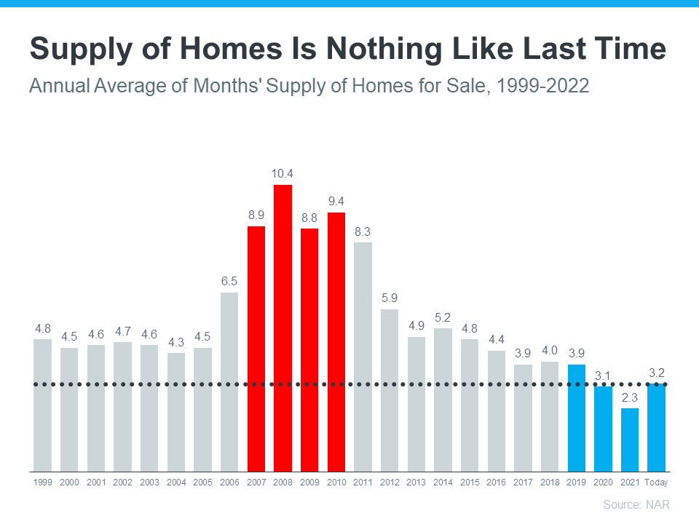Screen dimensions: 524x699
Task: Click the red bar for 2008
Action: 283,327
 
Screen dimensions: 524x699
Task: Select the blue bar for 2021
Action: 630,440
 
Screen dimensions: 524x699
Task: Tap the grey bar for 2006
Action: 229,382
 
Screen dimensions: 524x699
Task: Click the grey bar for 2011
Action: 363,357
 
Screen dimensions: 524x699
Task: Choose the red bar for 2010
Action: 336,342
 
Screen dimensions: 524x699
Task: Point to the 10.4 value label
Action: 283,173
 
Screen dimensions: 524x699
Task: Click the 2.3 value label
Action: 630,397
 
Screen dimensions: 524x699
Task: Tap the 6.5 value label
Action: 229,281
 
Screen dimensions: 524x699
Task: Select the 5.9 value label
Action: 390,298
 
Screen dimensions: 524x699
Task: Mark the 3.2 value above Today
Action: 656,373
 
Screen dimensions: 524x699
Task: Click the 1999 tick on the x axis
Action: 42,482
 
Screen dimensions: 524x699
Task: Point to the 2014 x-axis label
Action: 443,482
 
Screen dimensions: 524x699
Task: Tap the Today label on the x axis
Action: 656,482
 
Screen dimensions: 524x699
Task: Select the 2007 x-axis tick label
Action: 256,482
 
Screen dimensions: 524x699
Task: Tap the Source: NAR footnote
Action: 636,504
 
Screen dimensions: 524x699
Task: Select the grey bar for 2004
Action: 175,412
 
